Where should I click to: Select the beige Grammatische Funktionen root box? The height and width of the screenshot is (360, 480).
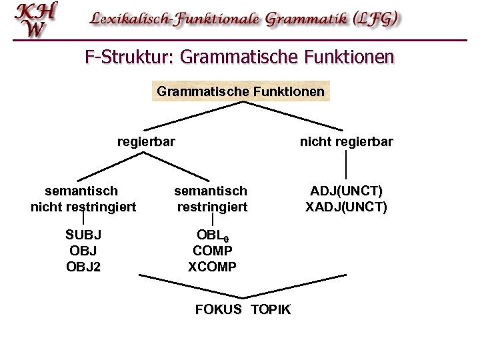coord(241,90)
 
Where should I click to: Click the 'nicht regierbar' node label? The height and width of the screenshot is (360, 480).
coord(347,141)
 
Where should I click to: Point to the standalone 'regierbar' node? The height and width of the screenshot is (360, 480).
coord(146,141)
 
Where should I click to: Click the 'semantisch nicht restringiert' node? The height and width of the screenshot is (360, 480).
coord(83,199)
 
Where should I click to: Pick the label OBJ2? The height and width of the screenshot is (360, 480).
coord(83,267)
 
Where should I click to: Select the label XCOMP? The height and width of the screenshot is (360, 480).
coord(212,267)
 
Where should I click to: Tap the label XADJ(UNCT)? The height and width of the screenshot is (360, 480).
coord(346,207)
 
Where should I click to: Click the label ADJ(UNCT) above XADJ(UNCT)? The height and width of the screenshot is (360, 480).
coord(346,192)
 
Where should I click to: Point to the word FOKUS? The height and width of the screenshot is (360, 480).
coord(219,310)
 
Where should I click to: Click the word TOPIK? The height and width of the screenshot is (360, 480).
coord(271,310)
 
